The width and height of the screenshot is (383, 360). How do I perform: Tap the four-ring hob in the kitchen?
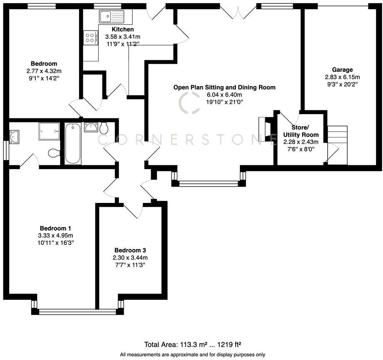(x=90, y=38)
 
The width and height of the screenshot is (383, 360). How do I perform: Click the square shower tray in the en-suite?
(x=50, y=131)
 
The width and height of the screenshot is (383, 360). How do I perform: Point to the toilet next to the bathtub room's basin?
(x=104, y=127)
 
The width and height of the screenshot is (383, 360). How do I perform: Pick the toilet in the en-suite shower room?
(x=54, y=154)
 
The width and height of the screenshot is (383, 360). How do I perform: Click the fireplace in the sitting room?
(x=264, y=126)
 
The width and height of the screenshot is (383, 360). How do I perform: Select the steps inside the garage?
(x=337, y=144)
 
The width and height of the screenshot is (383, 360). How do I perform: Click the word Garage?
(x=342, y=70)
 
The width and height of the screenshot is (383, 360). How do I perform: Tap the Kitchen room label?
(x=122, y=29)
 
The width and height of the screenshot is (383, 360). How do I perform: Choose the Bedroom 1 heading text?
(x=56, y=228)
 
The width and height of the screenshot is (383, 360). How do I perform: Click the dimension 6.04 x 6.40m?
(x=224, y=95)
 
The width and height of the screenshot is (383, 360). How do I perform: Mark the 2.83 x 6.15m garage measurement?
(x=342, y=77)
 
